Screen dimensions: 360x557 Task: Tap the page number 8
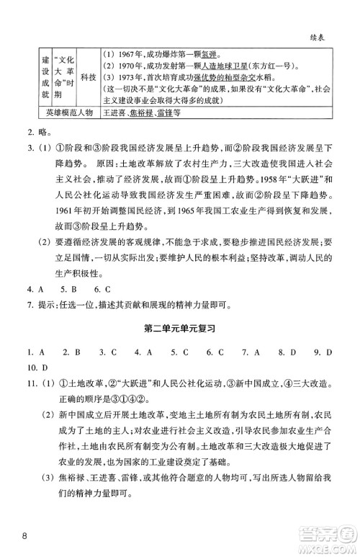pyautogui.click(x=24, y=535)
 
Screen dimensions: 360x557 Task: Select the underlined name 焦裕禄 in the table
pyautogui.click(x=140, y=113)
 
